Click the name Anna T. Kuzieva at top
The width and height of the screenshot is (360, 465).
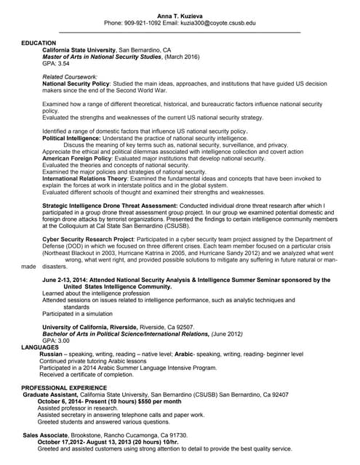pos(180,15)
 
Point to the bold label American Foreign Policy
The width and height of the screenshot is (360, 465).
pos(82,158)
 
